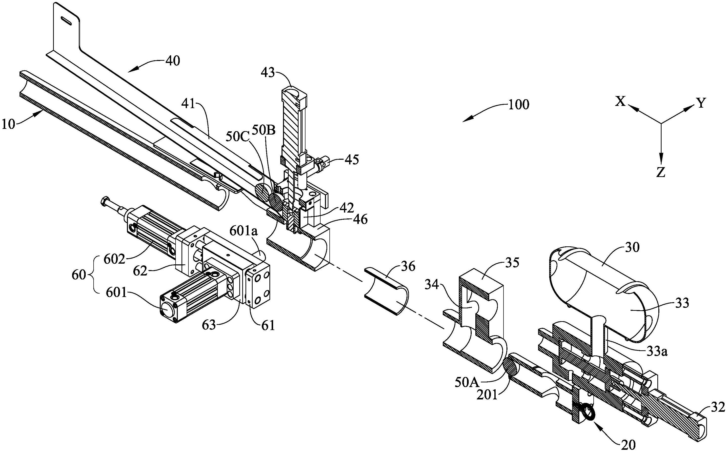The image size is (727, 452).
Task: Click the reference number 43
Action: tap(268, 73)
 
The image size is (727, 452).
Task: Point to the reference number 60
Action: tap(79, 275)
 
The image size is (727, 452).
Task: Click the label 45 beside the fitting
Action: tap(352, 160)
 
